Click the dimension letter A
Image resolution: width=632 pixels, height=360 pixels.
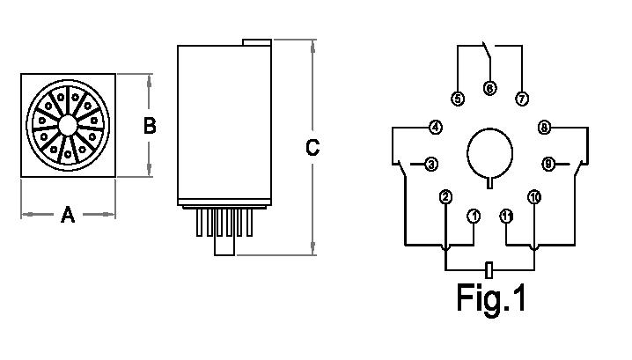click(x=68, y=214)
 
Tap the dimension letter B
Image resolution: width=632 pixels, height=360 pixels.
click(x=150, y=126)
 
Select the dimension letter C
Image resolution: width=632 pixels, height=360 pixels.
click(x=312, y=148)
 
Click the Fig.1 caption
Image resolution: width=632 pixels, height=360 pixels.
click(x=491, y=298)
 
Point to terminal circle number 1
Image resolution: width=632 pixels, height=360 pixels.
click(x=474, y=216)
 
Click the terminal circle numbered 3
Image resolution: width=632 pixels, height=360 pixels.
click(x=431, y=164)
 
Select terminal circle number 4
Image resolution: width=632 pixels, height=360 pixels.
click(x=435, y=128)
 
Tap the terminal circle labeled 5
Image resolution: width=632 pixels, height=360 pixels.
click(x=458, y=99)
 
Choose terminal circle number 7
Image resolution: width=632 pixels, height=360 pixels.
click(x=522, y=99)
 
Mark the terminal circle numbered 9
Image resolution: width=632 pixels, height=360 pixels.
click(x=547, y=164)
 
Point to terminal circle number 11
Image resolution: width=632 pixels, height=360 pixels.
click(x=506, y=216)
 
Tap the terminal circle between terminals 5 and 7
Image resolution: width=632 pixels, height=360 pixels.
click(x=489, y=88)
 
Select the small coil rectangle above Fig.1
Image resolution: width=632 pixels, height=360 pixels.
click(x=489, y=269)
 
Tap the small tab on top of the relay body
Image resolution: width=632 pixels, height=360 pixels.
click(x=256, y=40)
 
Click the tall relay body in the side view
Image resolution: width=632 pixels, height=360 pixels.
click(x=224, y=123)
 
